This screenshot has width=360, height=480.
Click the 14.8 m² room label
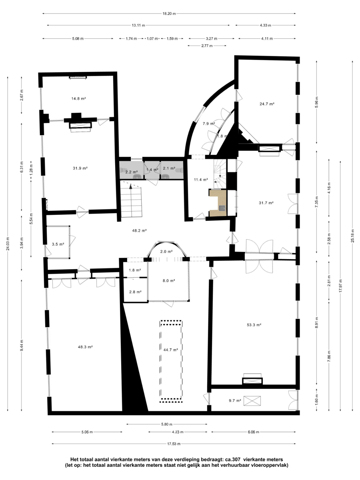78,99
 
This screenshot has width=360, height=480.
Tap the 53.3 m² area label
254,325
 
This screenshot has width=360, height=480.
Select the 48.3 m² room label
85,347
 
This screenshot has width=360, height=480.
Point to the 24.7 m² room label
267,104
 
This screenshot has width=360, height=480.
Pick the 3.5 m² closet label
58,244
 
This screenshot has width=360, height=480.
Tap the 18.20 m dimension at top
169,14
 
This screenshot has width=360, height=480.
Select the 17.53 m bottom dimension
174,444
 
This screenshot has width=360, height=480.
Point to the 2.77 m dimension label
207,46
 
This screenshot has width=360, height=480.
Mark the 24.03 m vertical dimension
8,244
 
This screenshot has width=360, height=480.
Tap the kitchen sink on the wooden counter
222,208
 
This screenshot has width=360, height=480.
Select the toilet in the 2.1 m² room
180,170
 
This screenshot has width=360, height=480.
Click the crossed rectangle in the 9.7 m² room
252,401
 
